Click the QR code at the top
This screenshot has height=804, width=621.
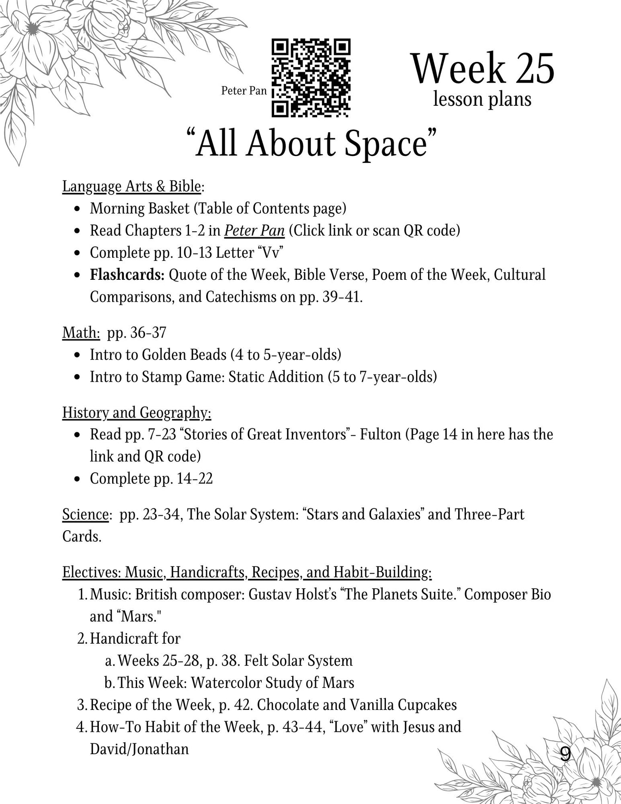point(311,78)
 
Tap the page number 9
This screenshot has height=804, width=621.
point(566,754)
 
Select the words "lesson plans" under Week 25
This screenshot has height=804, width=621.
point(482,99)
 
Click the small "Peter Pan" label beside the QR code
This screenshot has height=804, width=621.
point(244,91)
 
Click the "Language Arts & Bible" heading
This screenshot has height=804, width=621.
point(132,186)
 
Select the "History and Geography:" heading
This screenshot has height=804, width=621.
point(137,413)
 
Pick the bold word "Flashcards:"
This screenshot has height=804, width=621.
point(127,275)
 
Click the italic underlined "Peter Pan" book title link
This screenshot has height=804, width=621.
point(254,231)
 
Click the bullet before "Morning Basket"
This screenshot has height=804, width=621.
point(77,209)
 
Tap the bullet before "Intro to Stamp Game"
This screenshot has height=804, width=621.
point(77,378)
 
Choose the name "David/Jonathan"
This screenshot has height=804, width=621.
point(139,749)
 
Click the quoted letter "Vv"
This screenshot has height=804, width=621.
point(270,253)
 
